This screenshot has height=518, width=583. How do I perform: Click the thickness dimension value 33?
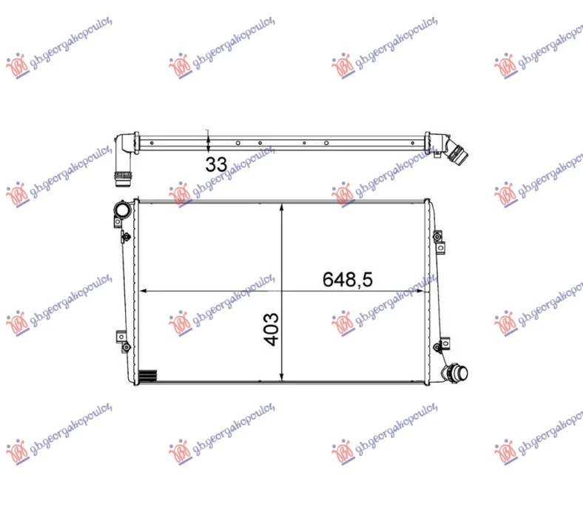216,164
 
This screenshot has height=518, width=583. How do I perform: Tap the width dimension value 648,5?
347,279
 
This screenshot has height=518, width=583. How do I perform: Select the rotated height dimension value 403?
271,329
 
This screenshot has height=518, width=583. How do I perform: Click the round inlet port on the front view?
122,210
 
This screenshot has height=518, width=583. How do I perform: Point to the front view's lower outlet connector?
455,373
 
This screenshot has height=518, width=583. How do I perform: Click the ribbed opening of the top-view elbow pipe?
121,179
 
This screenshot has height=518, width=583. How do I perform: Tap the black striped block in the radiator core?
148,376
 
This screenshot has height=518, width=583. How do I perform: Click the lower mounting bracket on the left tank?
123,341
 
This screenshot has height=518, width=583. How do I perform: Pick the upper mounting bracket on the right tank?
439,242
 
